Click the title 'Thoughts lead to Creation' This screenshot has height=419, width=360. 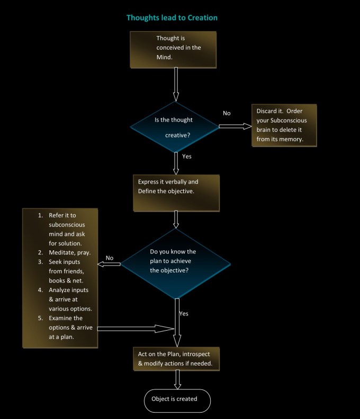point(172,17)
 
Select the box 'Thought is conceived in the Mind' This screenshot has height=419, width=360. point(173,49)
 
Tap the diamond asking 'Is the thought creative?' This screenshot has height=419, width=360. point(175,126)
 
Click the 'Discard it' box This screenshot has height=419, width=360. point(284,125)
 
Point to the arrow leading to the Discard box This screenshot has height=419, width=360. point(235,126)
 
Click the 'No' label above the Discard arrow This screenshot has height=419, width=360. point(227,113)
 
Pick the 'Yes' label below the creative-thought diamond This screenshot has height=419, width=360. point(187,157)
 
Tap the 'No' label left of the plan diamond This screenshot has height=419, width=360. point(110,258)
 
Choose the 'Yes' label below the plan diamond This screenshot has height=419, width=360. point(184,313)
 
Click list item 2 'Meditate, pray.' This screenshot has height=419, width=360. point(64,253)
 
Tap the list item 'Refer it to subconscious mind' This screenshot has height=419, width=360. point(65,230)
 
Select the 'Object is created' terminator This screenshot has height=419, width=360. point(177,399)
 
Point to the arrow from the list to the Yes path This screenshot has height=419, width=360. point(135,329)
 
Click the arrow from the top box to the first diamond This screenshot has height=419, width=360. point(176,85)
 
